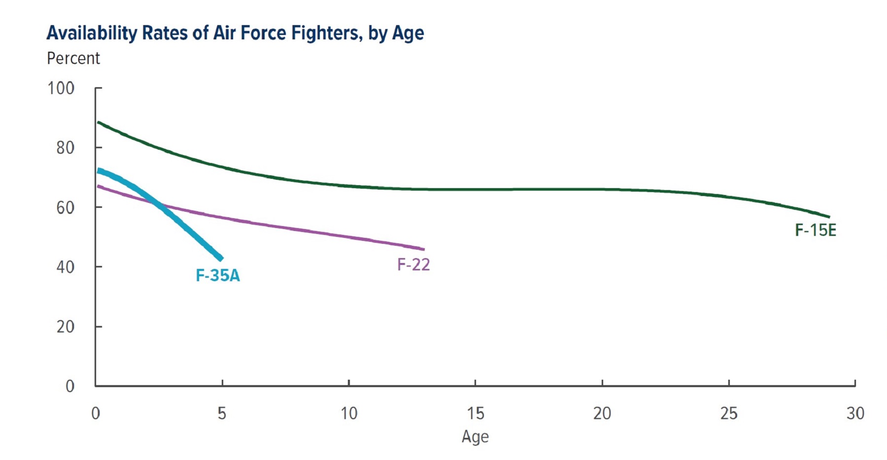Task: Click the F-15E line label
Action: tap(816, 230)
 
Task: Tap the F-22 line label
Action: tap(413, 264)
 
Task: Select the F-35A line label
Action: tap(218, 275)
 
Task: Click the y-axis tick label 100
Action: tap(61, 88)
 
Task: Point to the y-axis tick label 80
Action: tap(65, 148)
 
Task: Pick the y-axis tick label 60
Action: tap(65, 207)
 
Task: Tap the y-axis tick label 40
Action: tap(65, 267)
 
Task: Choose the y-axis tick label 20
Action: tap(65, 327)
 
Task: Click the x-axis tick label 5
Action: tap(222, 413)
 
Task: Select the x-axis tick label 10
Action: tap(349, 413)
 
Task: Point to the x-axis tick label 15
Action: tap(476, 413)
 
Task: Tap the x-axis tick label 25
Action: tap(729, 413)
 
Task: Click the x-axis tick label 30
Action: tap(855, 413)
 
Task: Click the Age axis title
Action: tap(475, 437)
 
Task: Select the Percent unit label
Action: tap(73, 58)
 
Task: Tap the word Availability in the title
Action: tap(92, 33)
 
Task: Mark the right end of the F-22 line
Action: tap(424, 249)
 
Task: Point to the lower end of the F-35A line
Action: tap(221, 259)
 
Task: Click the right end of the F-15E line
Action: tap(829, 217)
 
